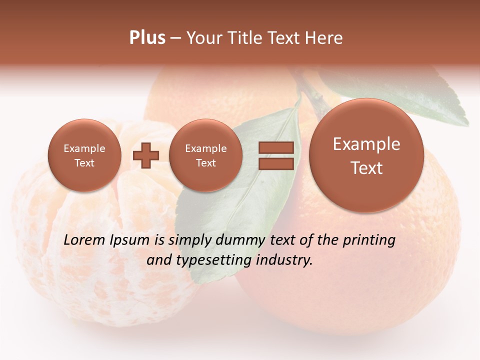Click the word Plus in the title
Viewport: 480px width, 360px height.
(147, 38)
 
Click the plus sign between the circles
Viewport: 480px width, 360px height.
(146, 155)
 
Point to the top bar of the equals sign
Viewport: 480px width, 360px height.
(275, 147)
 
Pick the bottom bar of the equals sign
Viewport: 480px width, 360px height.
(275, 164)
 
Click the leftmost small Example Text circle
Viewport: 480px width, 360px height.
(84, 155)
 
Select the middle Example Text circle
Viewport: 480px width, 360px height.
(205, 155)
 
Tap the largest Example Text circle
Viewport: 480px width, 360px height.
(366, 155)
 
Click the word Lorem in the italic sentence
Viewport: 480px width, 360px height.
(85, 240)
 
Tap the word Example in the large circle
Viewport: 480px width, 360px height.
(366, 144)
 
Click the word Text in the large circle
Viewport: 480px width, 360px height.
(366, 168)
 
